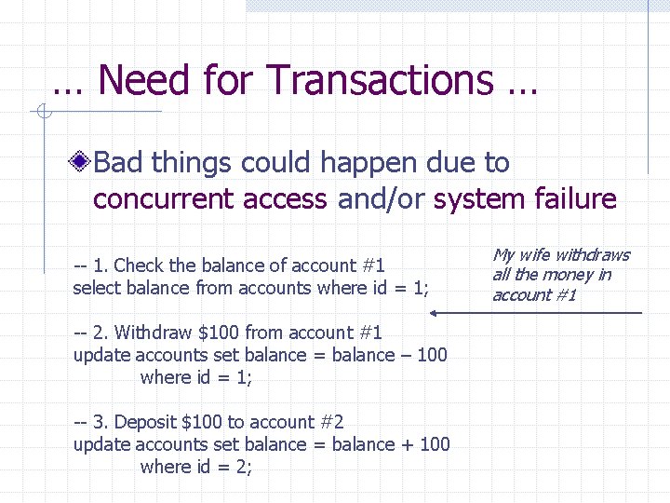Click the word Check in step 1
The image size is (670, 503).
coord(138,265)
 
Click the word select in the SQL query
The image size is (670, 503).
coord(96,288)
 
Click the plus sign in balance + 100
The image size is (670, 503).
coord(407,444)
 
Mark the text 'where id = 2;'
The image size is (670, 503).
coord(196,467)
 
